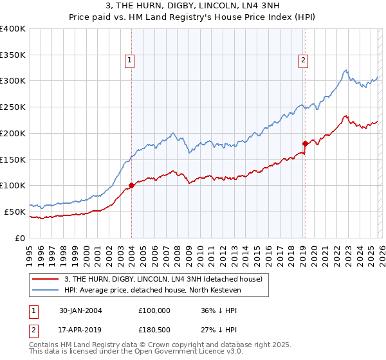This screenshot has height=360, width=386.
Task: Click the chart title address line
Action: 192,6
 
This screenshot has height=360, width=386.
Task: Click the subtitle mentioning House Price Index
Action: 192,17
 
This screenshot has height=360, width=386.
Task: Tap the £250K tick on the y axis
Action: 13,107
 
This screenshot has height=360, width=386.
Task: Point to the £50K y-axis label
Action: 15,212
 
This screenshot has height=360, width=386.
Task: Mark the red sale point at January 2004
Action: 131,186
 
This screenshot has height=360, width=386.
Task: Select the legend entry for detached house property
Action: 163,280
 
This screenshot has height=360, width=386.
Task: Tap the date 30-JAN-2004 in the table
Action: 80,310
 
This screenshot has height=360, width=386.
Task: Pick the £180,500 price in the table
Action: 154,332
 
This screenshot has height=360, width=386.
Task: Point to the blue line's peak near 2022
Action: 345,70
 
